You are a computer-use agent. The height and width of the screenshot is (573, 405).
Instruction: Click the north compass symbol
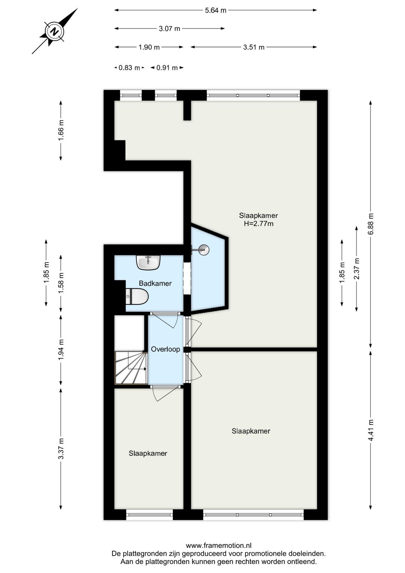coord(54,32)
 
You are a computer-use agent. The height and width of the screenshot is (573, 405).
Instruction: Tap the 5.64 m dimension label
coord(216,10)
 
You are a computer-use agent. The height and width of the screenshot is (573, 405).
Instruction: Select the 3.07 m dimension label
coord(169,29)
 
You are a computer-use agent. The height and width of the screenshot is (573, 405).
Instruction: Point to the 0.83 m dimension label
coord(129,68)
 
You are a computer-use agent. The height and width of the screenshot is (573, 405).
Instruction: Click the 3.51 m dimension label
coord(254,47)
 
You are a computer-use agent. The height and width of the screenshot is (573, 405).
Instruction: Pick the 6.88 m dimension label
coord(371,224)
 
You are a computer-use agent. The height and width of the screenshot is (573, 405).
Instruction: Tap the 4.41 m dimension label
coord(371,430)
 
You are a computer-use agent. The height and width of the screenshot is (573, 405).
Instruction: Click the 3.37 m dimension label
coord(61,448)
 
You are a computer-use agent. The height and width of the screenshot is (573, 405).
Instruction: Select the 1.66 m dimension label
coord(61,130)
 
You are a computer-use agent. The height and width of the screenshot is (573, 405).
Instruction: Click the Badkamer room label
coord(155,283)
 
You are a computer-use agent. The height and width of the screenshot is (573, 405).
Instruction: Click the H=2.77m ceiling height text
coord(259,223)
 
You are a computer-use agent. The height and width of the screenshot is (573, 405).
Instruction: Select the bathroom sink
coord(148,262)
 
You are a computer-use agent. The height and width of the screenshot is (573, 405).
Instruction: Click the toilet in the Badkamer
coord(137,297)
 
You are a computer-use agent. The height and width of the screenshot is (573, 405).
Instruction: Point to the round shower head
coord(204,250)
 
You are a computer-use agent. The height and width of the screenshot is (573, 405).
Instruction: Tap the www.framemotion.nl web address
coord(219,546)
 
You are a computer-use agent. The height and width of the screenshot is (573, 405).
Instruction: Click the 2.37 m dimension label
coord(357,268)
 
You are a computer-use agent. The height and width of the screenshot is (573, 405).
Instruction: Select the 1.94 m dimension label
coord(61,350)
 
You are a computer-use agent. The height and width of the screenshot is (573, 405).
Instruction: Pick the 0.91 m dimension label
coord(167,68)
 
